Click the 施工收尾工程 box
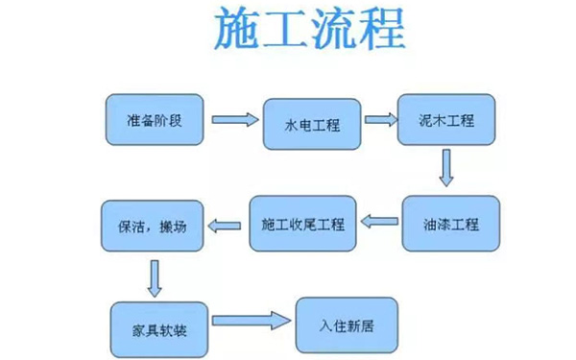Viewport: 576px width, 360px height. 302,225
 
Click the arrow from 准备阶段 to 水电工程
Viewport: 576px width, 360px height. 236,120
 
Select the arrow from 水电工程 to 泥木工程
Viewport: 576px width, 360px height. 380,120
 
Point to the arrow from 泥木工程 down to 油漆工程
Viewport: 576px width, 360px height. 444,169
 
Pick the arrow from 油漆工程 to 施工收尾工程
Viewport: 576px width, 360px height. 378,225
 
